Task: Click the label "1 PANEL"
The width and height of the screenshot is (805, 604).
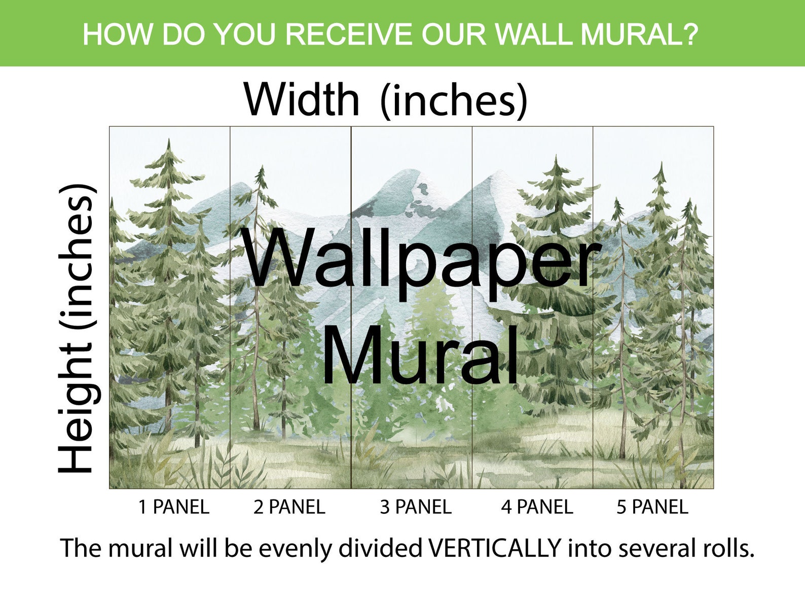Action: click(173, 507)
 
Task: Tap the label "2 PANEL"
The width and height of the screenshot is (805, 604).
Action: click(289, 507)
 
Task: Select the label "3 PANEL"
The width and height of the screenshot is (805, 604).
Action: click(416, 507)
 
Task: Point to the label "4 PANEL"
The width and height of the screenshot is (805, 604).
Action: click(537, 507)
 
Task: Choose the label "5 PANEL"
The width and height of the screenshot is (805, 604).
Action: click(652, 507)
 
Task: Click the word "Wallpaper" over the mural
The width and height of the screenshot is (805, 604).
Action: click(420, 260)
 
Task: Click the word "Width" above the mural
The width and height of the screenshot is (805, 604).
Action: click(302, 99)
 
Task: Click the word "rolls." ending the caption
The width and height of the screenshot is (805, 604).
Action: click(726, 548)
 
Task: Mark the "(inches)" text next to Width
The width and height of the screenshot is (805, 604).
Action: click(453, 100)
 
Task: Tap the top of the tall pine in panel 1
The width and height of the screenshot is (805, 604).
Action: click(168, 142)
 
